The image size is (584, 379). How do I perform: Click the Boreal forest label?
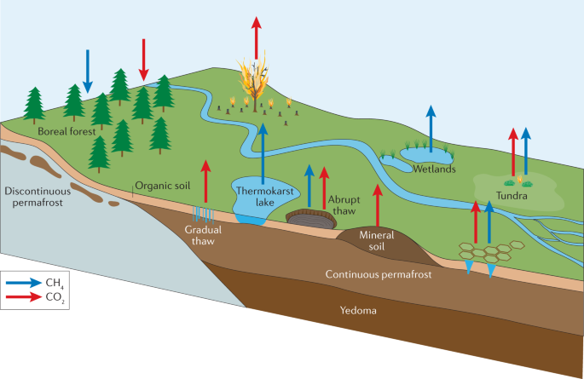click(x=64, y=132)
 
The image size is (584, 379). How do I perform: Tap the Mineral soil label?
click(x=376, y=239)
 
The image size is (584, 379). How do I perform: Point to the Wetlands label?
click(x=430, y=169)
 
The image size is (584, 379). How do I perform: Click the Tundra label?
click(x=512, y=197)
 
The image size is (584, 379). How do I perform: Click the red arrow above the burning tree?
click(x=256, y=34)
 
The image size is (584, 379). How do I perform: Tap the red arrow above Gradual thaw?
click(x=205, y=183)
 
